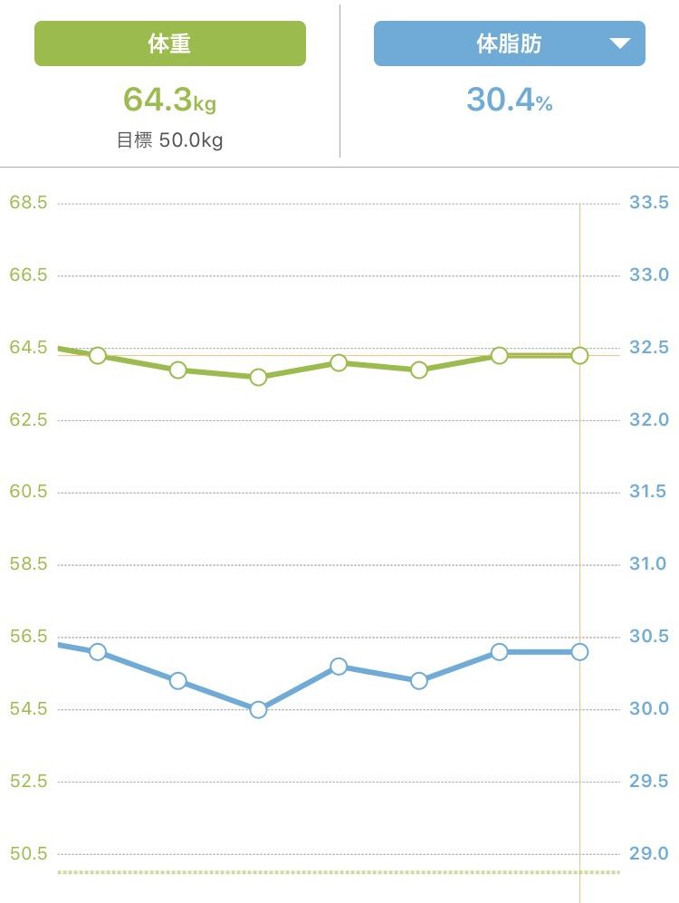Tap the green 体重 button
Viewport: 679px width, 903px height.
[x=169, y=43]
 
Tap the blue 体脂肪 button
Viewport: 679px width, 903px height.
[x=509, y=43]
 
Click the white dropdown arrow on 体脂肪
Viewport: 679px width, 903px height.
[x=619, y=43]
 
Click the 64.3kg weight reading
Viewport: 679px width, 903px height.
[x=169, y=100]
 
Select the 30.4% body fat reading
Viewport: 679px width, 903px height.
[x=509, y=100]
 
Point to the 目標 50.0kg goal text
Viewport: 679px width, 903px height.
[x=169, y=140]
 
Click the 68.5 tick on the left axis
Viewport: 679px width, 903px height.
[x=28, y=202]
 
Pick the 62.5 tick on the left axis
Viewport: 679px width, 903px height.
[x=28, y=419]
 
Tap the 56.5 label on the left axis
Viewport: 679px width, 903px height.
[x=28, y=636]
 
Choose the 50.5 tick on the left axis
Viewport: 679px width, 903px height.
[x=28, y=853]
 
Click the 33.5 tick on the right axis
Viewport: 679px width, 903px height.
[x=648, y=202]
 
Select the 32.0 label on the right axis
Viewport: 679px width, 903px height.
[x=648, y=419]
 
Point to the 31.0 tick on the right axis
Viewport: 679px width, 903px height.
[x=648, y=563]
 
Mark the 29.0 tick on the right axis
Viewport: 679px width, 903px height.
[x=648, y=853]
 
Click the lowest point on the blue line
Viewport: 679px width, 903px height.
[x=258, y=709]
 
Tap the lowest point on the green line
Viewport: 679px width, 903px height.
[x=258, y=377]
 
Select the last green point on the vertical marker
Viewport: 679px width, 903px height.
[x=579, y=355]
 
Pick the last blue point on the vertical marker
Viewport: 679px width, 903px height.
[x=579, y=651]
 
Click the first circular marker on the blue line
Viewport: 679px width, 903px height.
[x=98, y=651]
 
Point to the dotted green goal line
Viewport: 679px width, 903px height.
[x=317, y=872]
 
